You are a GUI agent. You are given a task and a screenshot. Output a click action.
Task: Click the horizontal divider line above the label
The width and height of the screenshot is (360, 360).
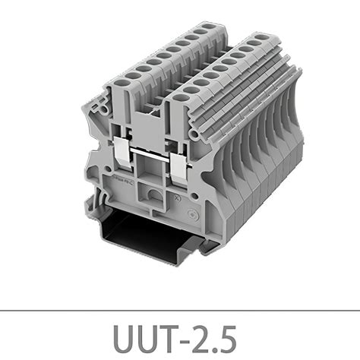coord(180,311)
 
